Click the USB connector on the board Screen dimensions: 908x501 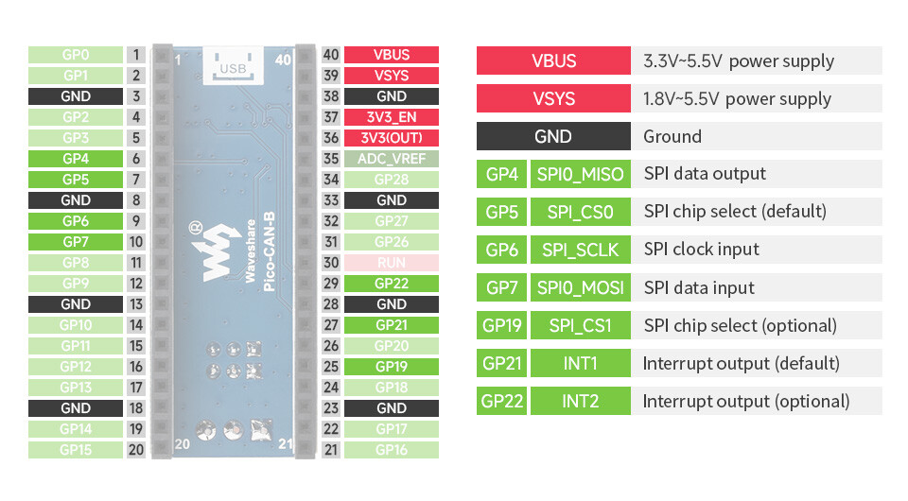233,66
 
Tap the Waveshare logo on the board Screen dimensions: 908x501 215,251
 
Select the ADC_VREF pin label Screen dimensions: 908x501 392,159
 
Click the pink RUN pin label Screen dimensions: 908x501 392,263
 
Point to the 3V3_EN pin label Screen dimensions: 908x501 392,117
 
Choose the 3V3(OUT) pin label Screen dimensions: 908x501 392,138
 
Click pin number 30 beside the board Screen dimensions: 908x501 331,263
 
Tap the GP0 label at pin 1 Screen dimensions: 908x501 76,55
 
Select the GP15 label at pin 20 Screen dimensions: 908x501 76,450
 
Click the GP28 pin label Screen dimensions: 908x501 392,180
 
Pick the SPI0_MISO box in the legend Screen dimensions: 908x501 580,174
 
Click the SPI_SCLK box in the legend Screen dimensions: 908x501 580,250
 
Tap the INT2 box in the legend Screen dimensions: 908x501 580,401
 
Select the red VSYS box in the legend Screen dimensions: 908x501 553,98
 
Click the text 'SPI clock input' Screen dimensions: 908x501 701,250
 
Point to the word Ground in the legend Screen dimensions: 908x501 672,136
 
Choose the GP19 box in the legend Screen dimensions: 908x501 501,325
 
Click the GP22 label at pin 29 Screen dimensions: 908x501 392,284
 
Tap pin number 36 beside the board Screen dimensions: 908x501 331,138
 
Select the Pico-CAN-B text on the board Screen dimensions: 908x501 269,251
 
